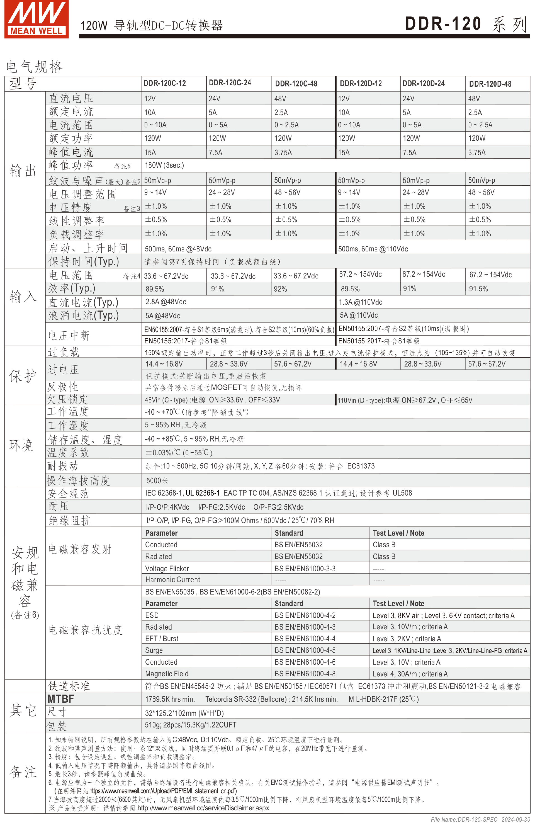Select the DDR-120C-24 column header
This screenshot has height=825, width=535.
click(230, 83)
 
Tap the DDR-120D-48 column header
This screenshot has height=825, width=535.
click(490, 84)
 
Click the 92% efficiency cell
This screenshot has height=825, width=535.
click(280, 289)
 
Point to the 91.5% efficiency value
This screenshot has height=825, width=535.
click(478, 289)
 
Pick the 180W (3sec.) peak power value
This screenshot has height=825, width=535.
click(164, 165)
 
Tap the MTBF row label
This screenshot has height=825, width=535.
click(61, 699)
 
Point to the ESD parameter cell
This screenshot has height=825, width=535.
click(152, 615)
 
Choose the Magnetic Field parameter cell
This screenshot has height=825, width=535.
click(167, 674)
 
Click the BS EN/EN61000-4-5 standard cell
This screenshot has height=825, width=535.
click(305, 650)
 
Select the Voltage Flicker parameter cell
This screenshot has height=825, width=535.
click(167, 569)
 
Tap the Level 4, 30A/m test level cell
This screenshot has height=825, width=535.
click(410, 674)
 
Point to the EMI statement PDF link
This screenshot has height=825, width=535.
click(163, 791)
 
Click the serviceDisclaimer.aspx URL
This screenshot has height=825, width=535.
click(203, 808)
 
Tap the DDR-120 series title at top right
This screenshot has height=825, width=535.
click(466, 24)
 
